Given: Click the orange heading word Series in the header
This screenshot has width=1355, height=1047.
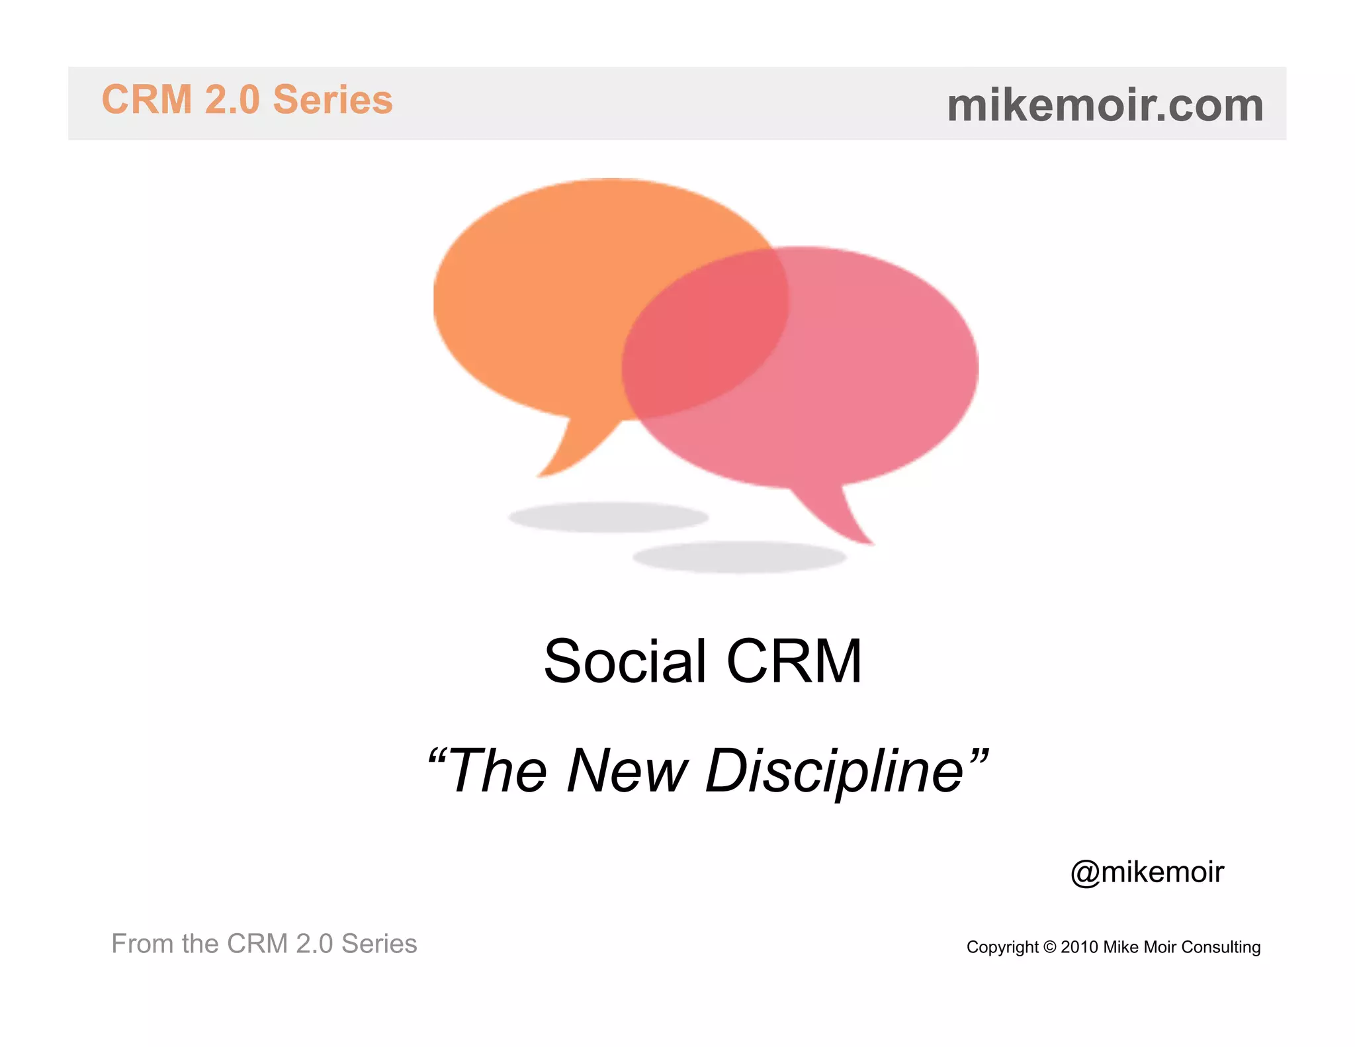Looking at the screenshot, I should coord(333,100).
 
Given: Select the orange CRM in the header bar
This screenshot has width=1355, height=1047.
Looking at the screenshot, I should coord(147,100).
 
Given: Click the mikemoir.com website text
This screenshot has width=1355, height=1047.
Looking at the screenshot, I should coord(1105,105).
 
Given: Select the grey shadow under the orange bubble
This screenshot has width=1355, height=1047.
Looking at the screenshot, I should coord(608,517).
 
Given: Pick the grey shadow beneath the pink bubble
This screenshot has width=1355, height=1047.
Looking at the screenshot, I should coord(739,557).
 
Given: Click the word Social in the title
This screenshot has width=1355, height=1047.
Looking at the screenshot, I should coord(625,661).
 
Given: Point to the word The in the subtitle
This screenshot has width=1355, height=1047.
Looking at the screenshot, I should coord(498,771).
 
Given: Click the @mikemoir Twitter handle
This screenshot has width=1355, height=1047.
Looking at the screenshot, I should coord(1147,872).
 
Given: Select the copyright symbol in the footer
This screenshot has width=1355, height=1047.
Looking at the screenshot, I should coord(1049,947).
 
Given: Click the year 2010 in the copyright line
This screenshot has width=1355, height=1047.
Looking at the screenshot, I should coord(1080,947).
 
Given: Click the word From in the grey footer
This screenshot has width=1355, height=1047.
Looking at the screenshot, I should coord(142,944).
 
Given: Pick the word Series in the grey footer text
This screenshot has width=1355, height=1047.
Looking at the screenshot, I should coord(379,944).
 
